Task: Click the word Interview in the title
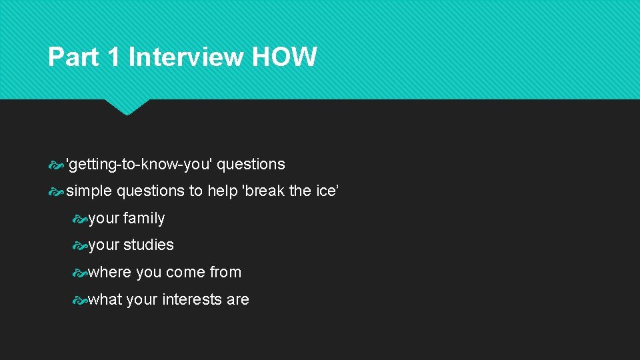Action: (186, 57)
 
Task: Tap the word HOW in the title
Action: (285, 57)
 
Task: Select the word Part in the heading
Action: (73, 57)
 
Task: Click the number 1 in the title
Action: (113, 57)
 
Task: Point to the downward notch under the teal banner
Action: (127, 107)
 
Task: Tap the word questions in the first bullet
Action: (251, 164)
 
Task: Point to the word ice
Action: (326, 191)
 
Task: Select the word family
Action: (144, 218)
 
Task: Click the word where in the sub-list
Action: (109, 272)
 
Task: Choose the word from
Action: (224, 272)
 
